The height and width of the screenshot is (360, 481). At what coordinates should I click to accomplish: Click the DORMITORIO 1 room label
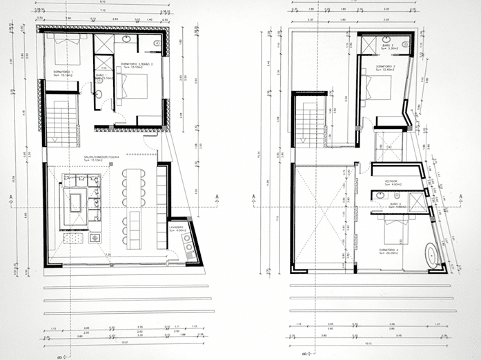(x=63, y=71)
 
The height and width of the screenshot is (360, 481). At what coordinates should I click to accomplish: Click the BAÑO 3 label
(x=392, y=46)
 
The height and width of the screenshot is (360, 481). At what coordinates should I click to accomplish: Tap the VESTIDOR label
(x=393, y=182)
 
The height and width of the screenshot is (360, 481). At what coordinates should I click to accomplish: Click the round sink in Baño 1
(x=99, y=94)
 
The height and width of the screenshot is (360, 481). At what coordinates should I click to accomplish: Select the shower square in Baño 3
(x=373, y=44)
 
